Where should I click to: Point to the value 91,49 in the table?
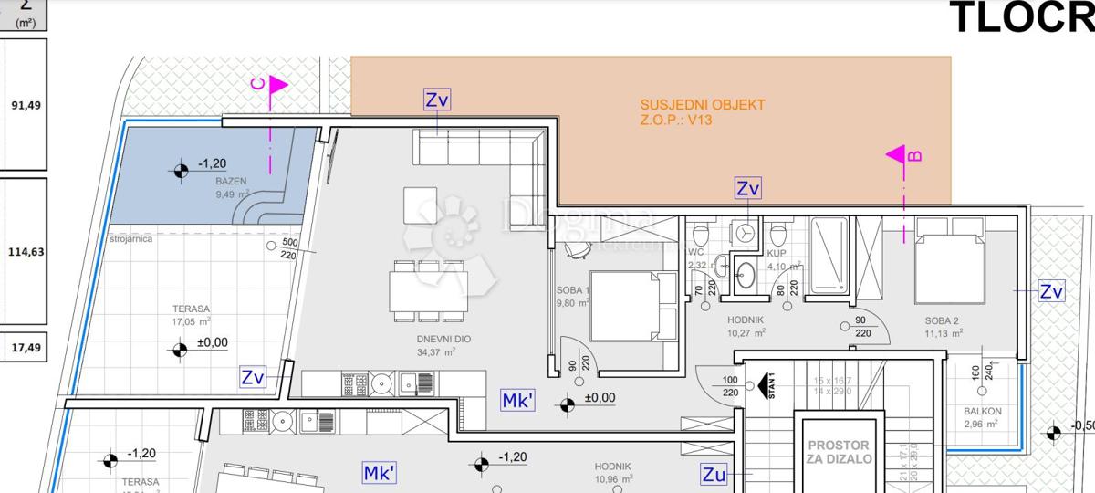pyautogui.click(x=26, y=105)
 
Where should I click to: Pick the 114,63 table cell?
pyautogui.click(x=26, y=252)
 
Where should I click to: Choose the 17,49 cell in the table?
pyautogui.click(x=26, y=348)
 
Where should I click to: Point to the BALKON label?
pyautogui.click(x=981, y=412)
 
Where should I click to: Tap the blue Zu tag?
pyautogui.click(x=714, y=474)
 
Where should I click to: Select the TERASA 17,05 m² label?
pyautogui.click(x=191, y=315)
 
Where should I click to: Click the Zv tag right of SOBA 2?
pyautogui.click(x=1052, y=292)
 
